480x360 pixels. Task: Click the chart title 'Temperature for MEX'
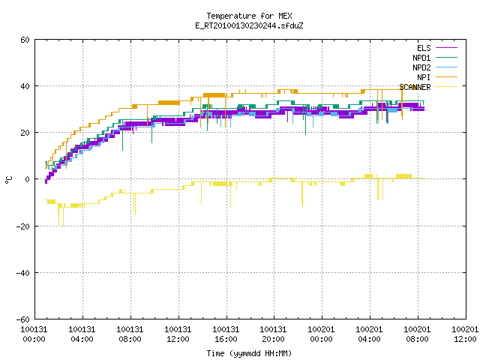point(249,16)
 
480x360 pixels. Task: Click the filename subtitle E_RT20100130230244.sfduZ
point(249,25)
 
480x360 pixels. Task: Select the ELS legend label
point(424,48)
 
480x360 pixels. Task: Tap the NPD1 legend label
point(421,58)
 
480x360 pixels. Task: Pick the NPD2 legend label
point(421,67)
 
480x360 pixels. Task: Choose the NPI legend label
point(424,77)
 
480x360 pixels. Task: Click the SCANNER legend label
point(415,87)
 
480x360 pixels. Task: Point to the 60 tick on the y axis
point(25,40)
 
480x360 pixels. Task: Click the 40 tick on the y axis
point(25,86)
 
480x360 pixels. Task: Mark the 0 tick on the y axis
point(28,179)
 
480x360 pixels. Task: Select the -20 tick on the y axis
point(23,226)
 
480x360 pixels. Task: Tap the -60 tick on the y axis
point(23,319)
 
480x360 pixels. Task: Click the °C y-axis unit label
point(8,180)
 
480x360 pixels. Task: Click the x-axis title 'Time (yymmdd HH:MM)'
point(249,353)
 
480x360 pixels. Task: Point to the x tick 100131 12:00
point(178,334)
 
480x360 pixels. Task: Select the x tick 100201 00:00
point(321,334)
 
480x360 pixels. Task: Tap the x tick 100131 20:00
point(273,334)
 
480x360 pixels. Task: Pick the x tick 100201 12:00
point(465,334)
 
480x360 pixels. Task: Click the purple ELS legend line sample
point(446,48)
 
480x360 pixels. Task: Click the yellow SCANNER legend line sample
point(446,87)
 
